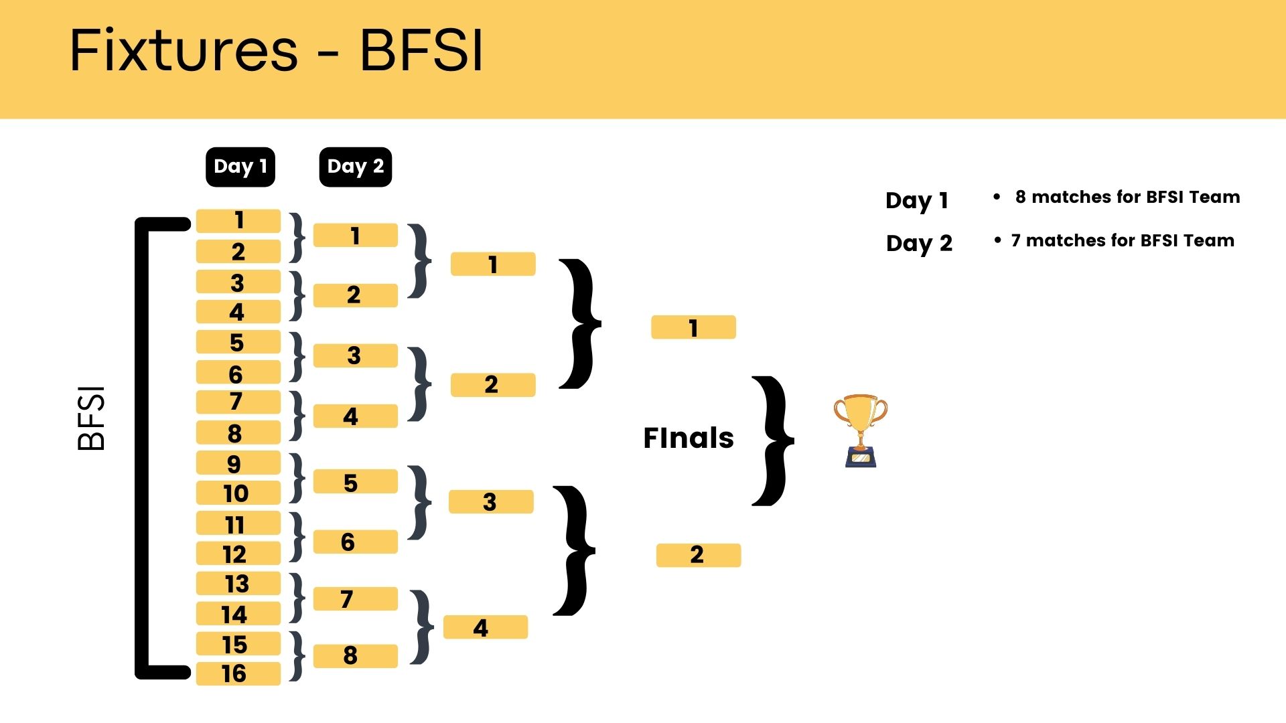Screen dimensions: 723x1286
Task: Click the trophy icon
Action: [x=860, y=430]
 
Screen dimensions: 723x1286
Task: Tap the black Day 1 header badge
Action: [x=240, y=167]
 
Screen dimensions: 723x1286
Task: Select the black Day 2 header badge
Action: [x=355, y=167]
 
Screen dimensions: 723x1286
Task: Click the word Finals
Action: [x=688, y=438]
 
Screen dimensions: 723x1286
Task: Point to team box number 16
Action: [x=238, y=673]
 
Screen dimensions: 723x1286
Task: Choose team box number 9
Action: [x=238, y=463]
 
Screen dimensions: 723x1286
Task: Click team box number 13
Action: [x=238, y=584]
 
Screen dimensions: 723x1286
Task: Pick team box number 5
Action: [x=238, y=342]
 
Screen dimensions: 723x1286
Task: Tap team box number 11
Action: [x=238, y=524]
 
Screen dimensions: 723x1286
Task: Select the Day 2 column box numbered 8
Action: [x=355, y=655]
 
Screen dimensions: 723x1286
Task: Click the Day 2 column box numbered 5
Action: [x=355, y=482]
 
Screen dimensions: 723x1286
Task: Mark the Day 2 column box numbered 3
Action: [x=355, y=355]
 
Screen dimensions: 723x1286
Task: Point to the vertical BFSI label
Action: [x=92, y=418]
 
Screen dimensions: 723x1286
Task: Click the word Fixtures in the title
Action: [x=184, y=51]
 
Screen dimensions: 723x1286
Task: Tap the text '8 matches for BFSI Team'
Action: [x=1127, y=197]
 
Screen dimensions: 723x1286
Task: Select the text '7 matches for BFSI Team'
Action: [x=1123, y=240]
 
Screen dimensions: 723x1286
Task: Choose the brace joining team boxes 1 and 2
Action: [x=297, y=237]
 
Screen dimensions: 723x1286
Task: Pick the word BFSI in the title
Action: [x=421, y=51]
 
